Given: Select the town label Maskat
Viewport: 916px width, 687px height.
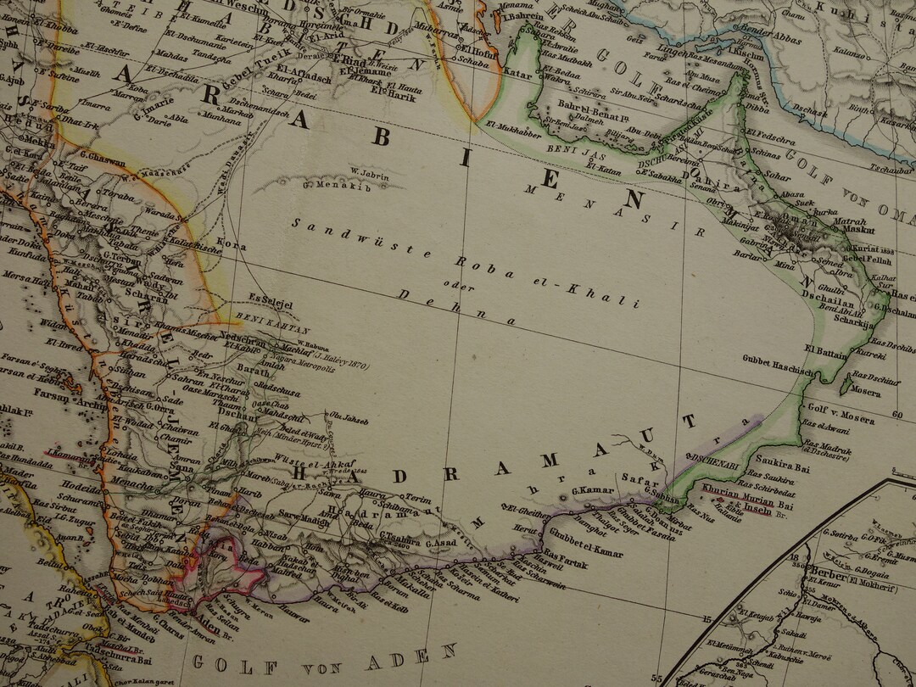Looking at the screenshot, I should [x=860, y=228].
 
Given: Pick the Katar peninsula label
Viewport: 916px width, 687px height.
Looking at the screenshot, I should [x=517, y=74].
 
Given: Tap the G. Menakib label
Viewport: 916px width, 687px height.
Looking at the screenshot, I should [x=327, y=185].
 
